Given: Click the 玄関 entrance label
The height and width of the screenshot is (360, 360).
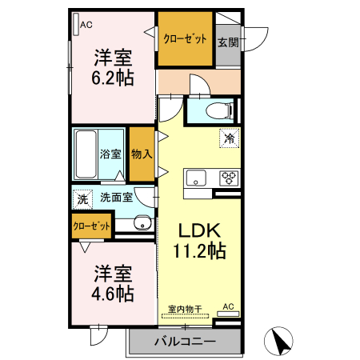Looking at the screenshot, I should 227,41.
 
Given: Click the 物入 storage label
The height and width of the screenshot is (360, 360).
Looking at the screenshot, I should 141,153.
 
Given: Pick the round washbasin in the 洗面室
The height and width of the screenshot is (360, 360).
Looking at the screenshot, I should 142,223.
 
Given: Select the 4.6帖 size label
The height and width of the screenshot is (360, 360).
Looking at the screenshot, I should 111,292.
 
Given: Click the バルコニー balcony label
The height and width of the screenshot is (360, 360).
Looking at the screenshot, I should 184,342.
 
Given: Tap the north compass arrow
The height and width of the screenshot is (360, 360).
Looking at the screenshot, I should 279,342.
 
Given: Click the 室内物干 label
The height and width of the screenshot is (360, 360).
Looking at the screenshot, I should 184,307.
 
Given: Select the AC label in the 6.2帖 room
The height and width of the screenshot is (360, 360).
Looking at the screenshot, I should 86,25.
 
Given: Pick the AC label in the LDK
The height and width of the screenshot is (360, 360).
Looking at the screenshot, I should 228,306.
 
